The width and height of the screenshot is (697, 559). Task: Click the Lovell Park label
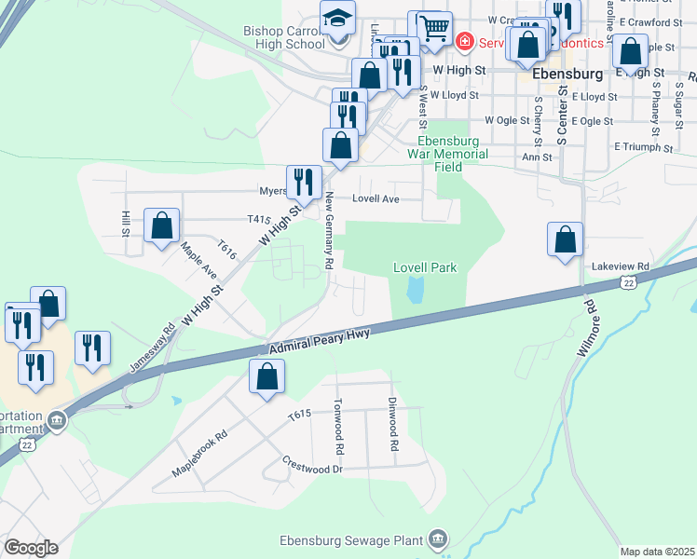(x=425, y=267)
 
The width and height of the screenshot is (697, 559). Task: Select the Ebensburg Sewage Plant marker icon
(x=437, y=539)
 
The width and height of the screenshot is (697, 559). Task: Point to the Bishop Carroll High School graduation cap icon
(x=337, y=19)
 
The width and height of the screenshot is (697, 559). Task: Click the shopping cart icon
(x=432, y=28)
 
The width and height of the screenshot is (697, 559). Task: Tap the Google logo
(x=31, y=547)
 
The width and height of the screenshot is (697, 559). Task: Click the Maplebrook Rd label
(x=199, y=454)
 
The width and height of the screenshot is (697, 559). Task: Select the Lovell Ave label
(x=376, y=198)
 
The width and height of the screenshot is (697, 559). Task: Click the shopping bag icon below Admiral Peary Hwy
(x=266, y=376)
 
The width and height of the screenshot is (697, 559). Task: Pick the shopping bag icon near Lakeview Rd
(x=565, y=239)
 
